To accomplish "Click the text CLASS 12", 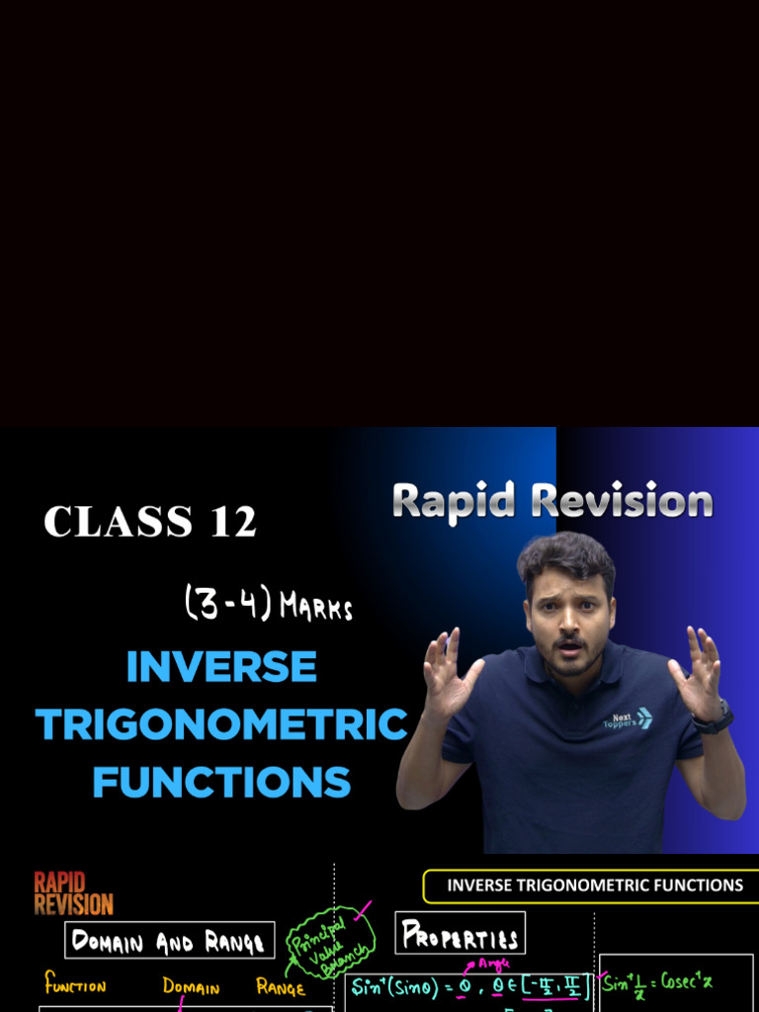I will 150,521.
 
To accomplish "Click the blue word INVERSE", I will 221,667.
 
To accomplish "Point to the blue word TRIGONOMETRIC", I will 221,724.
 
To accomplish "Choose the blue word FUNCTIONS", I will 221,782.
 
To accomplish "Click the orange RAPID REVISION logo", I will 73,892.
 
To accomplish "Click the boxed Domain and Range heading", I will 169,941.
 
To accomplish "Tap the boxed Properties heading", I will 460,935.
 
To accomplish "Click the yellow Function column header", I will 75,985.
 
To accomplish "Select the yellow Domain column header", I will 192,986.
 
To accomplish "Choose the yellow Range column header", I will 281,986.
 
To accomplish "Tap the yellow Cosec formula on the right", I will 657,984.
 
